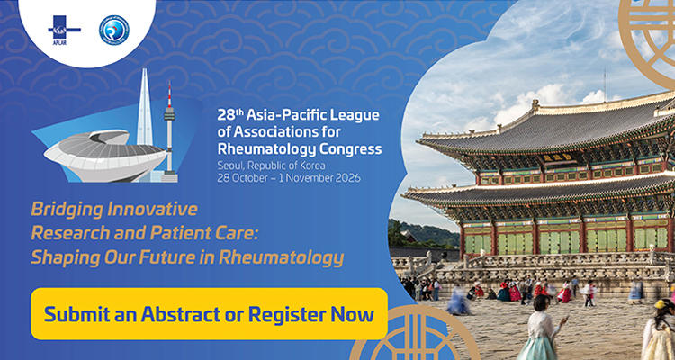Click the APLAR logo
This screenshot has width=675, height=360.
(x=64, y=28)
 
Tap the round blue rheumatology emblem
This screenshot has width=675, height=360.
(x=113, y=30)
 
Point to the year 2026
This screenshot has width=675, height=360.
(x=344, y=177)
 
